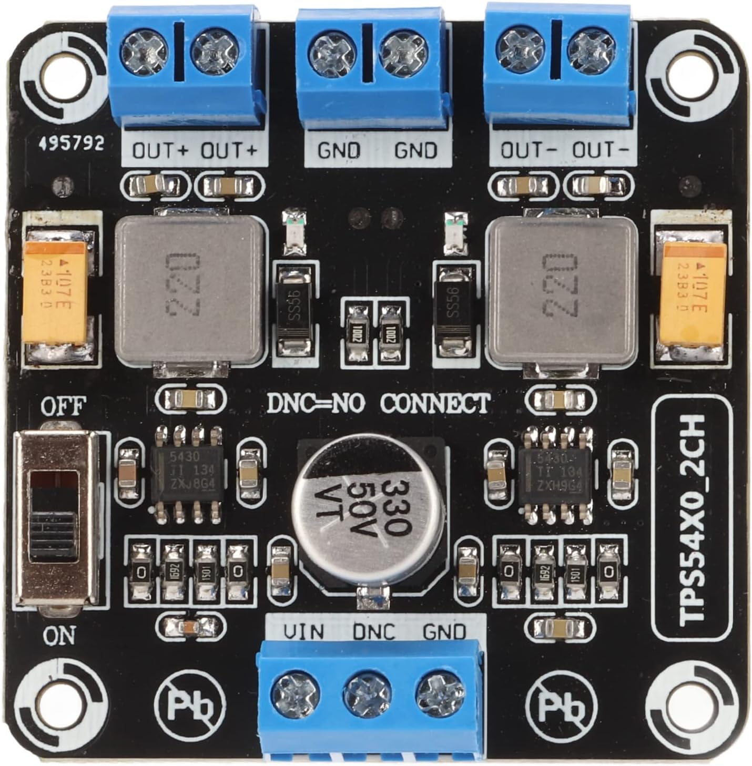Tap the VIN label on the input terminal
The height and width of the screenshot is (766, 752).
[304, 631]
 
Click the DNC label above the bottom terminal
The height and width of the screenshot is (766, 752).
[373, 631]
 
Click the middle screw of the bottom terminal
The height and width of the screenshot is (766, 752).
[367, 695]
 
